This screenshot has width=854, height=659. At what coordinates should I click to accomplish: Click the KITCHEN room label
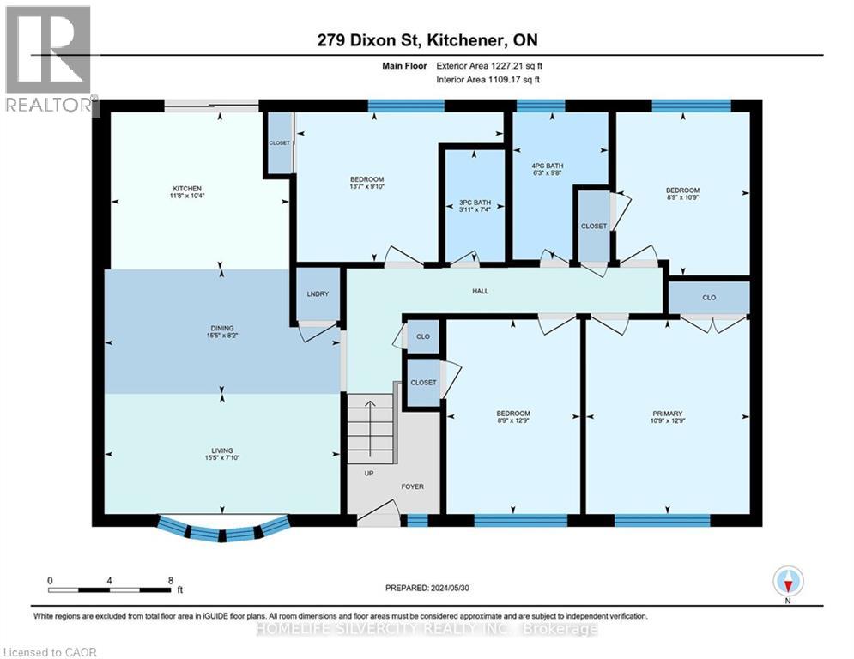click(186, 189)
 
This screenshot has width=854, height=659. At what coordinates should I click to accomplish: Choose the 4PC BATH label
click(546, 166)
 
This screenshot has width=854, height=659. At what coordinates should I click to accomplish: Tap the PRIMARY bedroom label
click(667, 413)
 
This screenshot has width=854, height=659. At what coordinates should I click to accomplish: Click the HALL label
click(480, 291)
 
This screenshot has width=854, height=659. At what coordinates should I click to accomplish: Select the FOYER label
click(412, 487)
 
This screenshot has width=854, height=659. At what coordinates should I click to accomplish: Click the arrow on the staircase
click(370, 422)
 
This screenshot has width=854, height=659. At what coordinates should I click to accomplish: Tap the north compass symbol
click(787, 583)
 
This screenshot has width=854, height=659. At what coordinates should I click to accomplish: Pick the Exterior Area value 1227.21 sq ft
click(509, 64)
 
